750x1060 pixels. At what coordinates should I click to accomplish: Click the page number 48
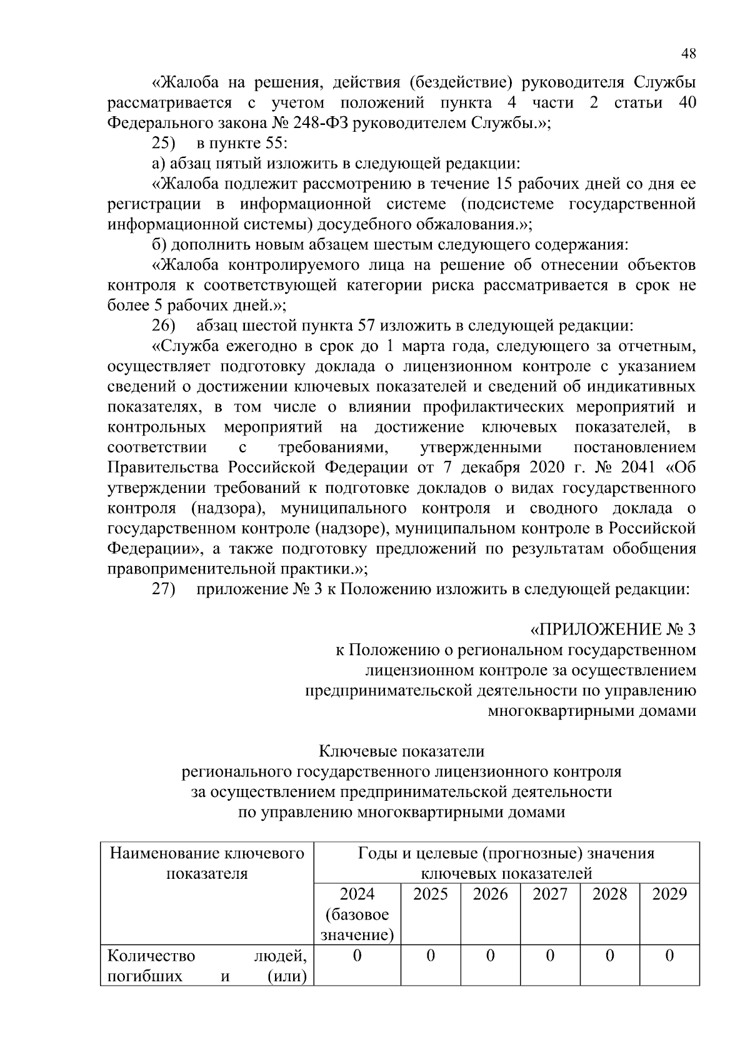(x=689, y=54)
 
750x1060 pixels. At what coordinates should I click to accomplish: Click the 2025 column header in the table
(x=430, y=894)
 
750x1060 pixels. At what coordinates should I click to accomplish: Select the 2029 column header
(x=669, y=894)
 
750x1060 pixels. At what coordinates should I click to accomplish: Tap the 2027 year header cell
(x=550, y=894)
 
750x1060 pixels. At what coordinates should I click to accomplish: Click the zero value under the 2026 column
(x=490, y=955)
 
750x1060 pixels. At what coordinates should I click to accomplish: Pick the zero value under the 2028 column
(x=609, y=955)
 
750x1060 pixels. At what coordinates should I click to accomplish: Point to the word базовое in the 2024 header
(x=357, y=914)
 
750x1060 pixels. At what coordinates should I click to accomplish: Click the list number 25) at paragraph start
(x=164, y=144)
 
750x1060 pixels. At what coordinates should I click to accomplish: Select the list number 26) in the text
(x=164, y=326)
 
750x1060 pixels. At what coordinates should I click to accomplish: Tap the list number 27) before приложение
(x=164, y=590)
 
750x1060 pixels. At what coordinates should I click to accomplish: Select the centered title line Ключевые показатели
(x=401, y=751)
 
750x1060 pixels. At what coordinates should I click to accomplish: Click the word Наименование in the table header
(x=164, y=853)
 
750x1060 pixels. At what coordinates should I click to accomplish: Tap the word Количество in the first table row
(x=151, y=956)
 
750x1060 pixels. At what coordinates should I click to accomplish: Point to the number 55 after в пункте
(x=274, y=144)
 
